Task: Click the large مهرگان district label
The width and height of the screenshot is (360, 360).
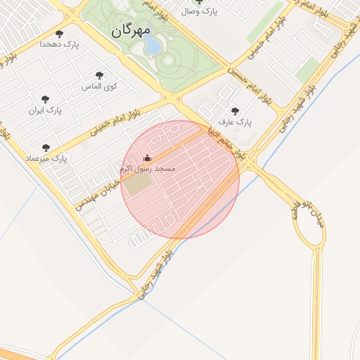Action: coord(131,30)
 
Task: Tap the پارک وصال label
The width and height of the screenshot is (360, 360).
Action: coord(200,11)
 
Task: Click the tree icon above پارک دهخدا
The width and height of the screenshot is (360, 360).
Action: coord(58,33)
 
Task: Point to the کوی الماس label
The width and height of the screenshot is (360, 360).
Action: coord(99,86)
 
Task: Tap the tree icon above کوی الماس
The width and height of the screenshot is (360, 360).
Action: coord(99,75)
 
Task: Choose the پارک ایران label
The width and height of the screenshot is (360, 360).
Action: coord(46,110)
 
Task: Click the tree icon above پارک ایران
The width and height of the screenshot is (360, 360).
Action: coord(46,100)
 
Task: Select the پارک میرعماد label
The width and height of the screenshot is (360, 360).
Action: coord(46,159)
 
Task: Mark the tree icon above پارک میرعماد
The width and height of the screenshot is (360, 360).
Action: coord(46,148)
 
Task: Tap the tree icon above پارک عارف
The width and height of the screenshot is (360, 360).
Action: coord(235,110)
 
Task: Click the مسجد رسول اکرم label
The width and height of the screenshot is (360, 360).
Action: coord(147,169)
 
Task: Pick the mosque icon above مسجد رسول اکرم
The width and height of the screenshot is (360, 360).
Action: coord(147,157)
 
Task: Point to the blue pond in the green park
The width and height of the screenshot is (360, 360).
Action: coord(153,46)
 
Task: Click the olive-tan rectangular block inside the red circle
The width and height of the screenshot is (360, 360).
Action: coord(139,184)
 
